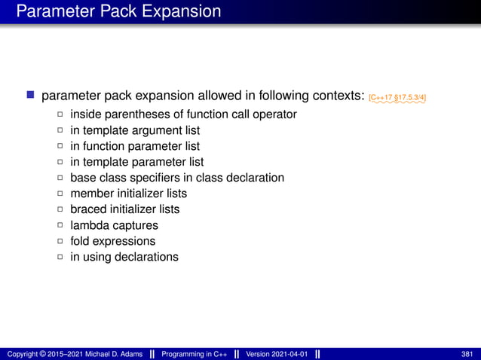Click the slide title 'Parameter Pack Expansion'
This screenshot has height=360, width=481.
(x=118, y=12)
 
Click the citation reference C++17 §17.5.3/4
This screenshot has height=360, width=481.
(x=403, y=98)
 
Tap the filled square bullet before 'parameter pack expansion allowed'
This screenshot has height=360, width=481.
(x=31, y=96)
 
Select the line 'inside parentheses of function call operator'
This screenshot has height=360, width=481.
(x=183, y=114)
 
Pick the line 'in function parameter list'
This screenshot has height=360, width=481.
(x=135, y=146)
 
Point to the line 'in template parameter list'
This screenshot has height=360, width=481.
(x=137, y=162)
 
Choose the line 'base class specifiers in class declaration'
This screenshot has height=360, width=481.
(x=177, y=178)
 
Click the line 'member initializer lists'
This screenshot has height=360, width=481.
(x=129, y=194)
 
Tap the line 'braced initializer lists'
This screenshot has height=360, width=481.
(x=125, y=209)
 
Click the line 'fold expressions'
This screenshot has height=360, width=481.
(x=113, y=241)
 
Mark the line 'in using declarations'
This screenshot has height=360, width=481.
(x=124, y=257)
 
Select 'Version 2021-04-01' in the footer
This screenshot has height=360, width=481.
(x=277, y=354)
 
